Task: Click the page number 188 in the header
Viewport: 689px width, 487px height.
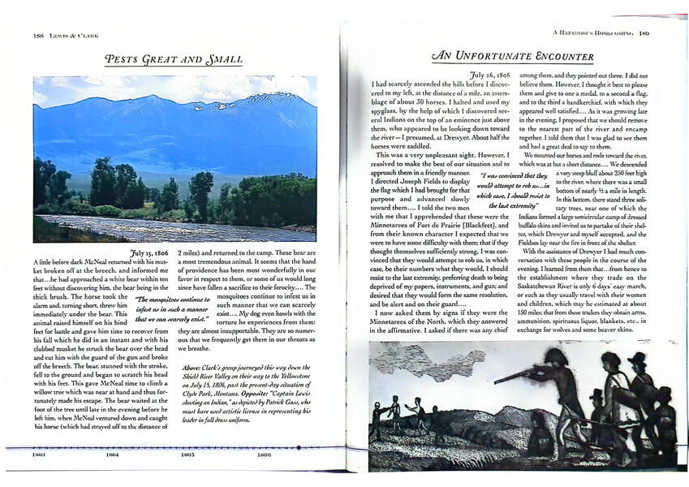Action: (37, 35)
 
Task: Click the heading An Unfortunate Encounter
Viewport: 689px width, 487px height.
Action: (513, 56)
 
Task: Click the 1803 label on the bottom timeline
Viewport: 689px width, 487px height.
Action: (38, 455)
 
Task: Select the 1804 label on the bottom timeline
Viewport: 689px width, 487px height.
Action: (112, 455)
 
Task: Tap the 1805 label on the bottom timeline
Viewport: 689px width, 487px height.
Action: (187, 455)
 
